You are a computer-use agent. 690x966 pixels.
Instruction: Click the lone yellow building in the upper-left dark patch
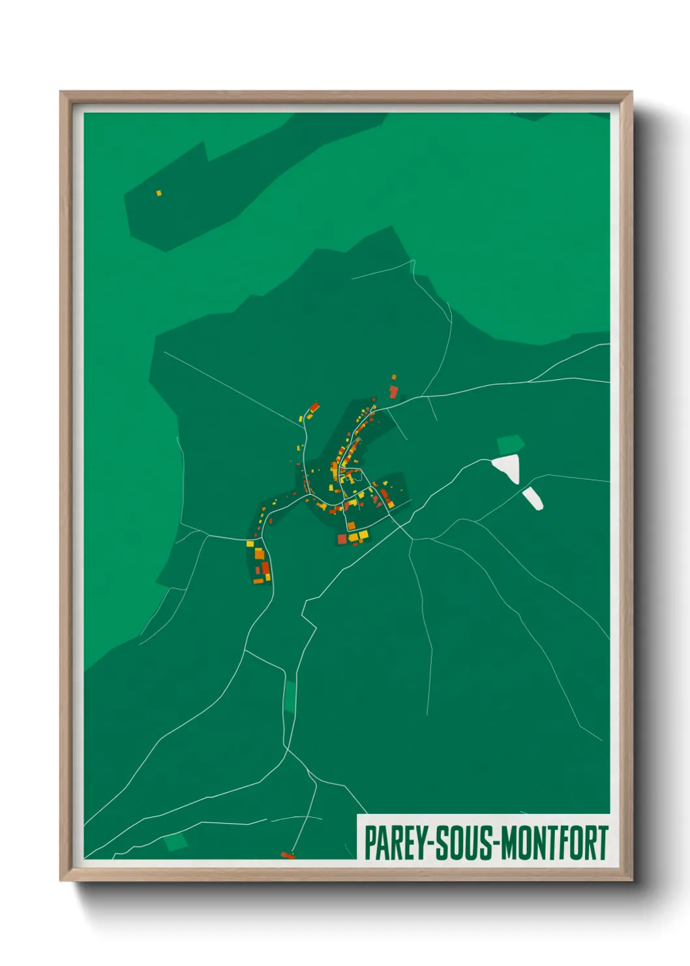(158, 193)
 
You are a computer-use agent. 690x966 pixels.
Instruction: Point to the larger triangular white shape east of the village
(508, 467)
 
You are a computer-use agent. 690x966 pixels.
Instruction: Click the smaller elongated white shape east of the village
(533, 498)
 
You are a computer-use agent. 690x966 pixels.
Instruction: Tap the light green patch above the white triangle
(510, 444)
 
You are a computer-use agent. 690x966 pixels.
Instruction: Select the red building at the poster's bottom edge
(287, 854)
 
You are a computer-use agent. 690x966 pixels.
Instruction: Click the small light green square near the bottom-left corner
(175, 842)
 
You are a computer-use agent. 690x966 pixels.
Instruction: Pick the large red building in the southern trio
(342, 539)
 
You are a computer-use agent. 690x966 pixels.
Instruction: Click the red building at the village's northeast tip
(393, 391)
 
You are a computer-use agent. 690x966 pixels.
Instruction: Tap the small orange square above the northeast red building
(393, 377)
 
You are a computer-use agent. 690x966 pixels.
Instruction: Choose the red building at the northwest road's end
(314, 407)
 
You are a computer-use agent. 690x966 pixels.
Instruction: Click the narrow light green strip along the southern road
(289, 697)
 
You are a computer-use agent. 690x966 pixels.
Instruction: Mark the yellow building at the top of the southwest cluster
(250, 543)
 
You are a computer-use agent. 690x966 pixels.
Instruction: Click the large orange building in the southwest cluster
(259, 554)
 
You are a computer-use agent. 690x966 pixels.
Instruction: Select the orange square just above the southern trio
(351, 525)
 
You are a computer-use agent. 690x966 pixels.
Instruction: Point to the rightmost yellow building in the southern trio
(363, 536)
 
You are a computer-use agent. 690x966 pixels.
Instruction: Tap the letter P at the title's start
(369, 843)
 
